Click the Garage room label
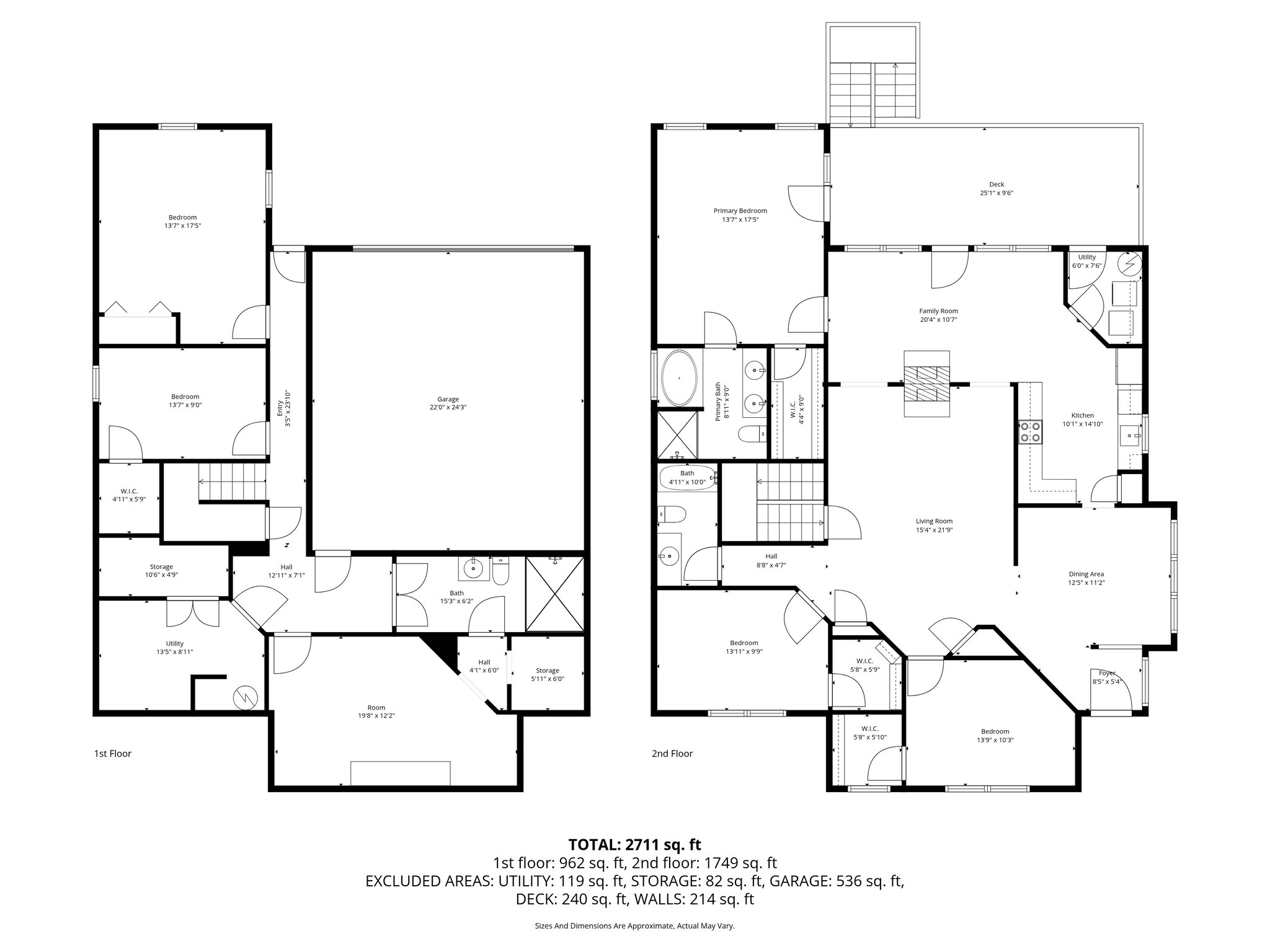tap(448, 399)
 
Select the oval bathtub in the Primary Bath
tap(680, 378)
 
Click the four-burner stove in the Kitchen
tap(1029, 431)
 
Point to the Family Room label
tap(938, 311)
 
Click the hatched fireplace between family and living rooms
tap(926, 384)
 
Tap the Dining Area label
tap(1086, 574)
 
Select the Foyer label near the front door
tap(1107, 673)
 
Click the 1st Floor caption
tap(112, 754)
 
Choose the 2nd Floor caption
tap(672, 754)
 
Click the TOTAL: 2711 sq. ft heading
tap(634, 844)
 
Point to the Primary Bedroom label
tap(740, 211)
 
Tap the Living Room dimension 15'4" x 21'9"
tap(934, 530)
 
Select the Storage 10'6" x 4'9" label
tap(161, 570)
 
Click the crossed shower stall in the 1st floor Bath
tap(555, 594)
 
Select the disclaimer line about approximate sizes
tap(634, 926)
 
